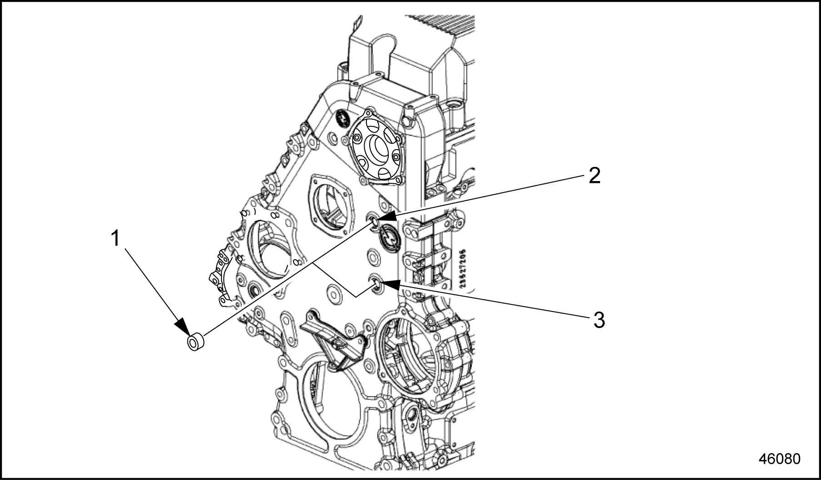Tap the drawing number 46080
point(779,459)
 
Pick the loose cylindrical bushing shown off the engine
point(196,342)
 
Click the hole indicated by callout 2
point(373,221)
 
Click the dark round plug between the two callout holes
point(389,237)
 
